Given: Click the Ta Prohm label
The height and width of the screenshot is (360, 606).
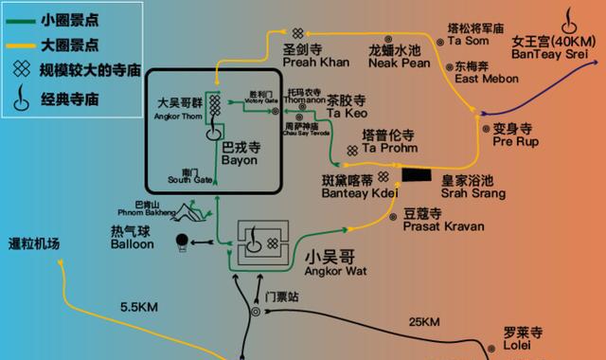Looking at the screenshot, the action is tap(383, 148).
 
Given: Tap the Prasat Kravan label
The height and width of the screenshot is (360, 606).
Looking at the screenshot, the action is tap(443, 227).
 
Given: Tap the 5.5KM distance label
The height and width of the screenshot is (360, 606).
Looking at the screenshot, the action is tap(139, 307).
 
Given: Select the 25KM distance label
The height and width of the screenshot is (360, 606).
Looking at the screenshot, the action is tap(424, 324).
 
